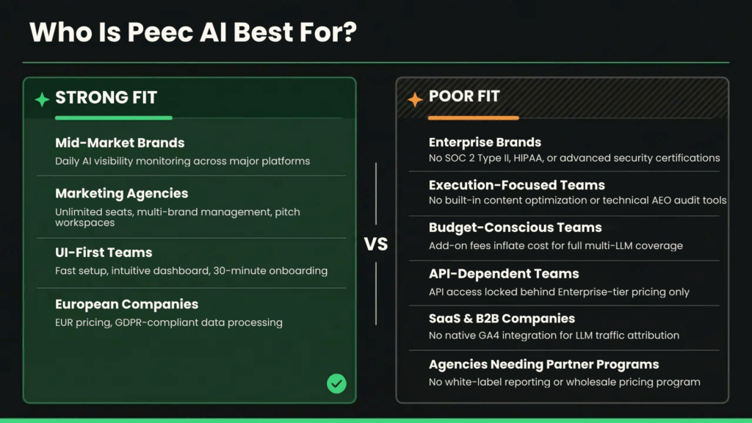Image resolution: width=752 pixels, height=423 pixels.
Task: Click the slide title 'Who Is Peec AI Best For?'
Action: [x=192, y=32]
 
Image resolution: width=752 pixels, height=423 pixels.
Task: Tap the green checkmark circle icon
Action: [x=336, y=383]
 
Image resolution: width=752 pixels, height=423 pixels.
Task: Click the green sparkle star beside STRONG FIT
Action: [x=43, y=99]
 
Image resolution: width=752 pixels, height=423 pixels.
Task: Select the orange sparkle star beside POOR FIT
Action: [x=415, y=98]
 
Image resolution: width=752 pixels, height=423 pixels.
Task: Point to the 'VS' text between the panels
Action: [x=376, y=244]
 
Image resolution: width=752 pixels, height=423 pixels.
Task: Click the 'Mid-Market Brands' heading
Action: [x=120, y=142]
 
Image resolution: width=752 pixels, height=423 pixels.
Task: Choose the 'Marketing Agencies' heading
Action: [x=121, y=193]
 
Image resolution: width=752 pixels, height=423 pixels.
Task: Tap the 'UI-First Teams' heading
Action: [x=104, y=252]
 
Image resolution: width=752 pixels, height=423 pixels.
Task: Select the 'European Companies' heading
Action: [x=126, y=304]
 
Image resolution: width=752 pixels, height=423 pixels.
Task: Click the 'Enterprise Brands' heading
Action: [x=485, y=142]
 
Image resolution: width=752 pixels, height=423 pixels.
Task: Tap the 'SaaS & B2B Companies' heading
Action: [x=502, y=319]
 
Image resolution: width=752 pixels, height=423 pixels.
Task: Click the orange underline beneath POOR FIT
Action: [x=473, y=117]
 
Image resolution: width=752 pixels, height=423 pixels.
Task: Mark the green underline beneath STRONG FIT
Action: [x=113, y=117]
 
